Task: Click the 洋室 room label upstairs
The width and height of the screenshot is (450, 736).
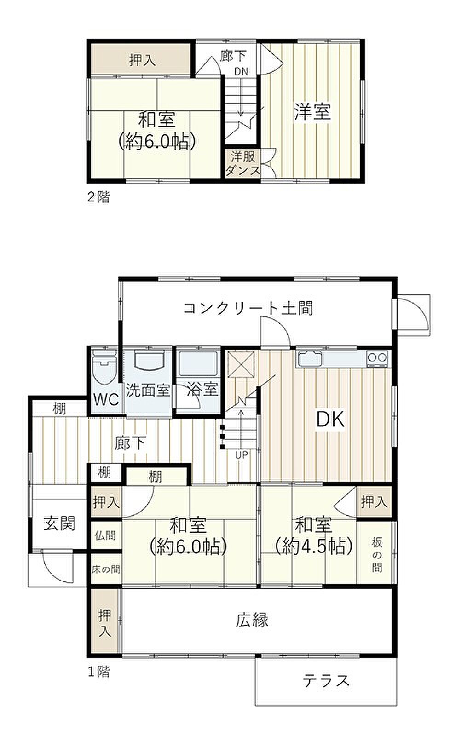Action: pyautogui.click(x=312, y=112)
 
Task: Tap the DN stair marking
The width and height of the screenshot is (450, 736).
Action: pyautogui.click(x=241, y=71)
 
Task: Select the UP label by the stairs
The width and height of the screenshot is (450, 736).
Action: pyautogui.click(x=242, y=455)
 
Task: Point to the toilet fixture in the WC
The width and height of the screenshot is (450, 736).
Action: pyautogui.click(x=104, y=367)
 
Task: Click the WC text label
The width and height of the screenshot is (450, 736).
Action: pyautogui.click(x=106, y=399)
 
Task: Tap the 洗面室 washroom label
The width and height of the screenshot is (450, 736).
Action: pyautogui.click(x=148, y=390)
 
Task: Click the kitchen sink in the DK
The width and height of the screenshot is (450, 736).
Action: pyautogui.click(x=309, y=358)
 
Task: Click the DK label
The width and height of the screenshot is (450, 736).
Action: pyautogui.click(x=330, y=419)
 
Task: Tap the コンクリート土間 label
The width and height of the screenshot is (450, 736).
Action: pyautogui.click(x=248, y=308)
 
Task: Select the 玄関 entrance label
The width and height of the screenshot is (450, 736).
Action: pyautogui.click(x=59, y=523)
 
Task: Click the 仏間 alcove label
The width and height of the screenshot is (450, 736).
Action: pyautogui.click(x=105, y=535)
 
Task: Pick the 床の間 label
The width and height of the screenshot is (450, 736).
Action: pyautogui.click(x=106, y=569)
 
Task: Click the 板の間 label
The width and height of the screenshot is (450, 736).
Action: pyautogui.click(x=377, y=555)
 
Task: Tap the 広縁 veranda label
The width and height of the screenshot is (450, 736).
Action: pyautogui.click(x=252, y=620)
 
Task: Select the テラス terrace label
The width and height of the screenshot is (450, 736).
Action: pyautogui.click(x=326, y=680)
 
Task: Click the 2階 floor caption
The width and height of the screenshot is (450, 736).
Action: pyautogui.click(x=99, y=197)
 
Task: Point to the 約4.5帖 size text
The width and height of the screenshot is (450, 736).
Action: pyautogui.click(x=314, y=546)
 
